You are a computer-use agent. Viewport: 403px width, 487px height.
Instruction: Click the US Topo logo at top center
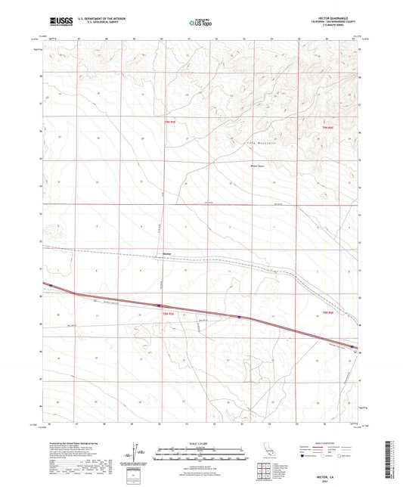[x=200, y=23]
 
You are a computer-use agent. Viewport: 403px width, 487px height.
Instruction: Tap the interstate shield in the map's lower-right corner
[x=352, y=347]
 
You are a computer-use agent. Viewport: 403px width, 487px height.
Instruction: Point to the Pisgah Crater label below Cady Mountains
[x=257, y=166]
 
